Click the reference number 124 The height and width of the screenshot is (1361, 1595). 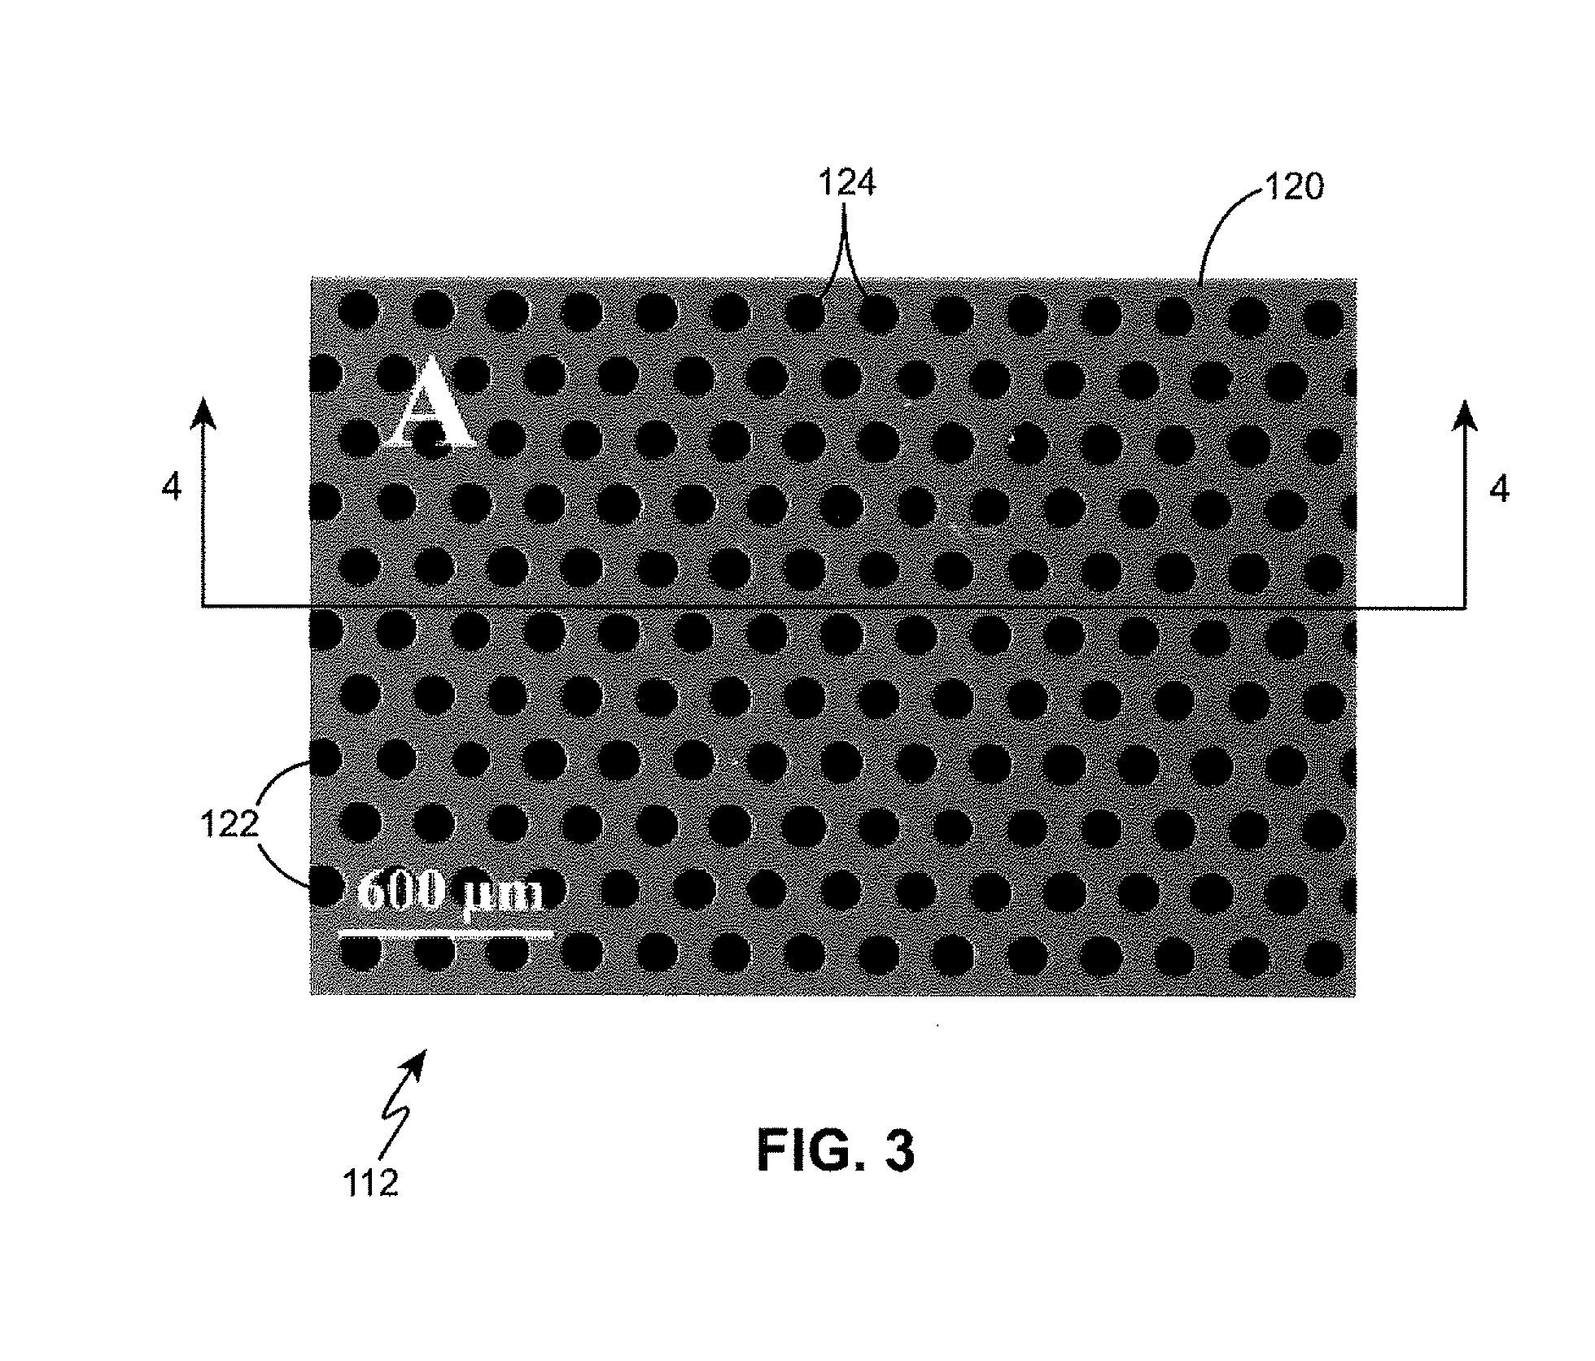[x=846, y=185]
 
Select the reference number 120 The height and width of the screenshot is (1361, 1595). [x=1292, y=189]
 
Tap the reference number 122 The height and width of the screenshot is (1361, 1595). [x=229, y=826]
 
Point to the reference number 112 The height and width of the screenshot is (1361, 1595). [x=370, y=1183]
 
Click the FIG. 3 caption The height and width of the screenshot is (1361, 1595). [x=836, y=1151]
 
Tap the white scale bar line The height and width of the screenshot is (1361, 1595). [x=445, y=934]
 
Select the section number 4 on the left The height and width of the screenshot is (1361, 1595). [x=172, y=489]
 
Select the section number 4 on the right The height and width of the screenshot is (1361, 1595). [x=1499, y=489]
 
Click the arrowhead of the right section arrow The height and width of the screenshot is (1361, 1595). [x=1466, y=412]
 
